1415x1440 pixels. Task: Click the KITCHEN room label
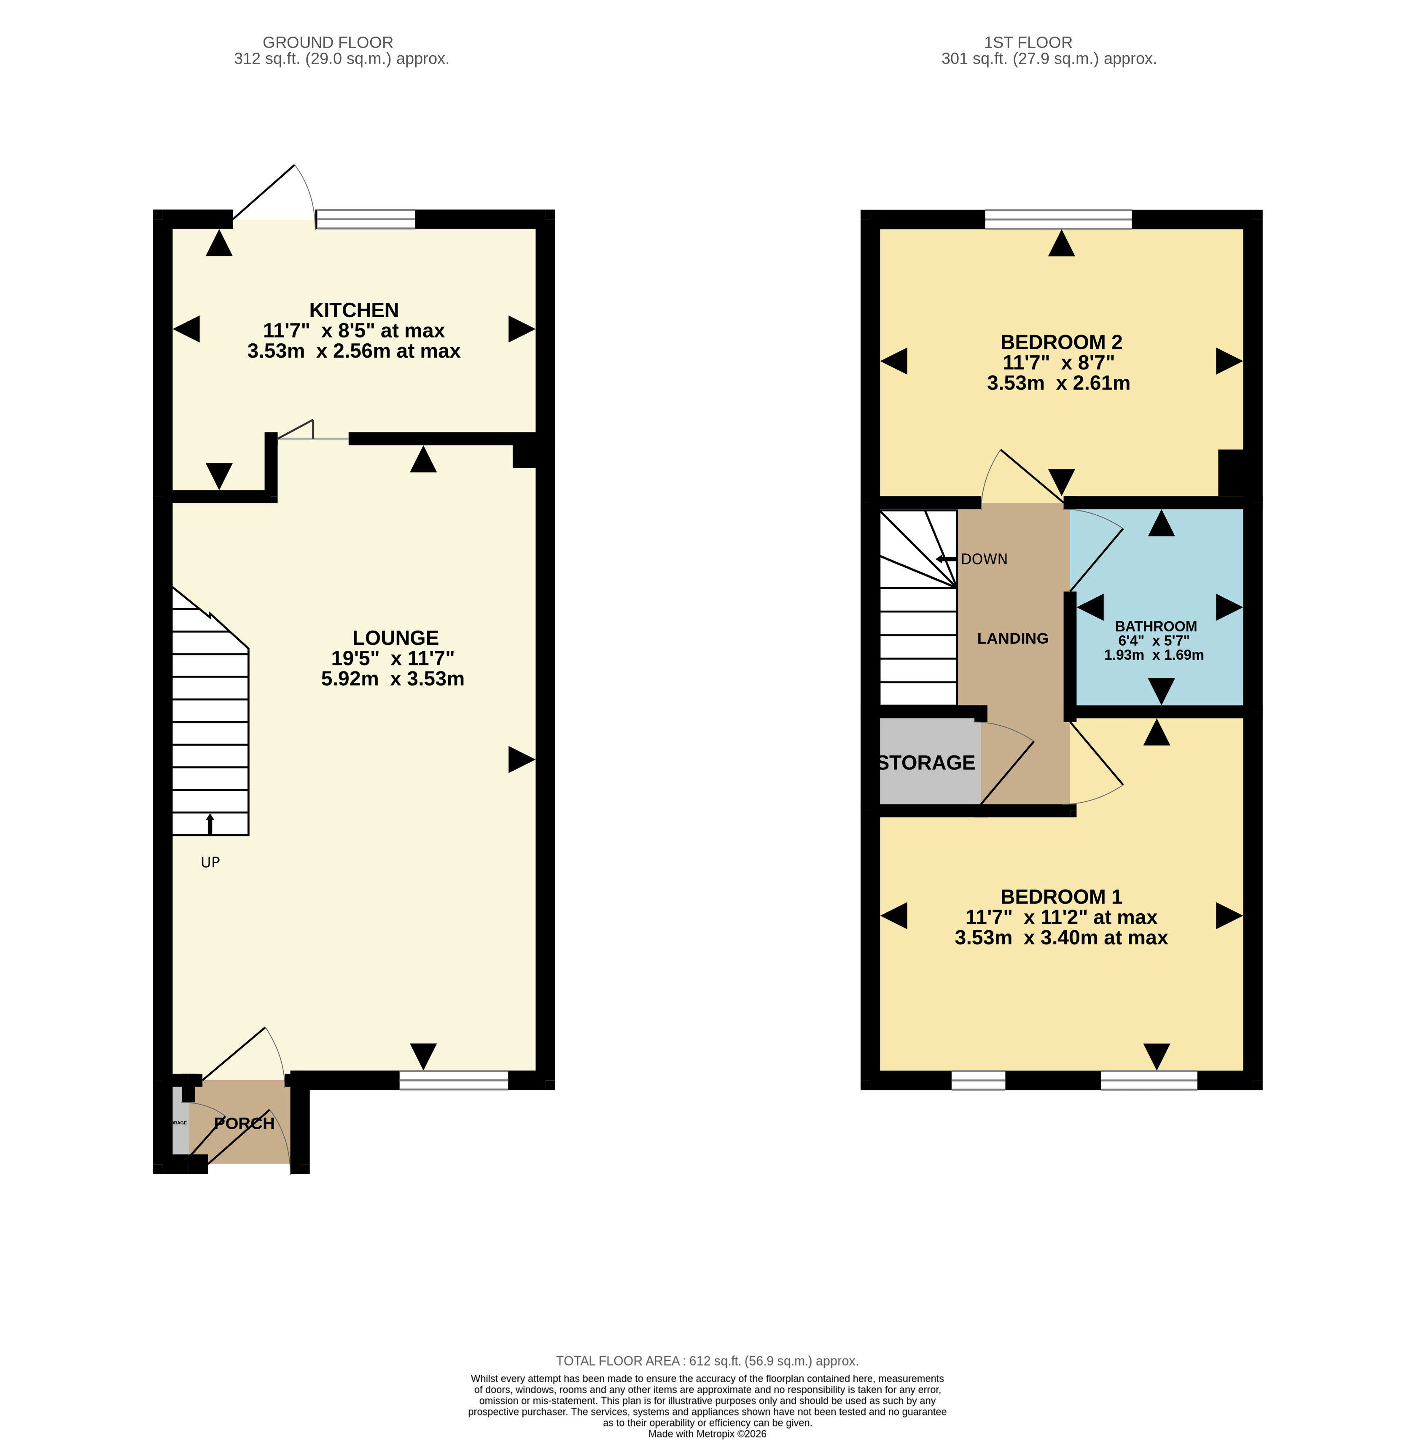click(354, 310)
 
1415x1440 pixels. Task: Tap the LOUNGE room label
click(395, 638)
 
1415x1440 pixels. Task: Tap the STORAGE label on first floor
click(927, 763)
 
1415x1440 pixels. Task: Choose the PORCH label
click(245, 1123)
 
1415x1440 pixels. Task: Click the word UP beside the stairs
click(210, 863)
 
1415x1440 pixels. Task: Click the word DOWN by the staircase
click(984, 559)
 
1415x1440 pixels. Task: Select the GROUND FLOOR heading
click(328, 42)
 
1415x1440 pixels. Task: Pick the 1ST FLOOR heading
click(1028, 42)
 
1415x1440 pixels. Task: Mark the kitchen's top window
click(366, 219)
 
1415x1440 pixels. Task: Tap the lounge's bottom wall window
click(453, 1080)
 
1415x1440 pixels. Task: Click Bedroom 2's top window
click(1058, 219)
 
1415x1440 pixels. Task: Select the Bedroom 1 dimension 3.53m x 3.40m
click(1060, 938)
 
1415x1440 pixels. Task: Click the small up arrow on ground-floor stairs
click(210, 823)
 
